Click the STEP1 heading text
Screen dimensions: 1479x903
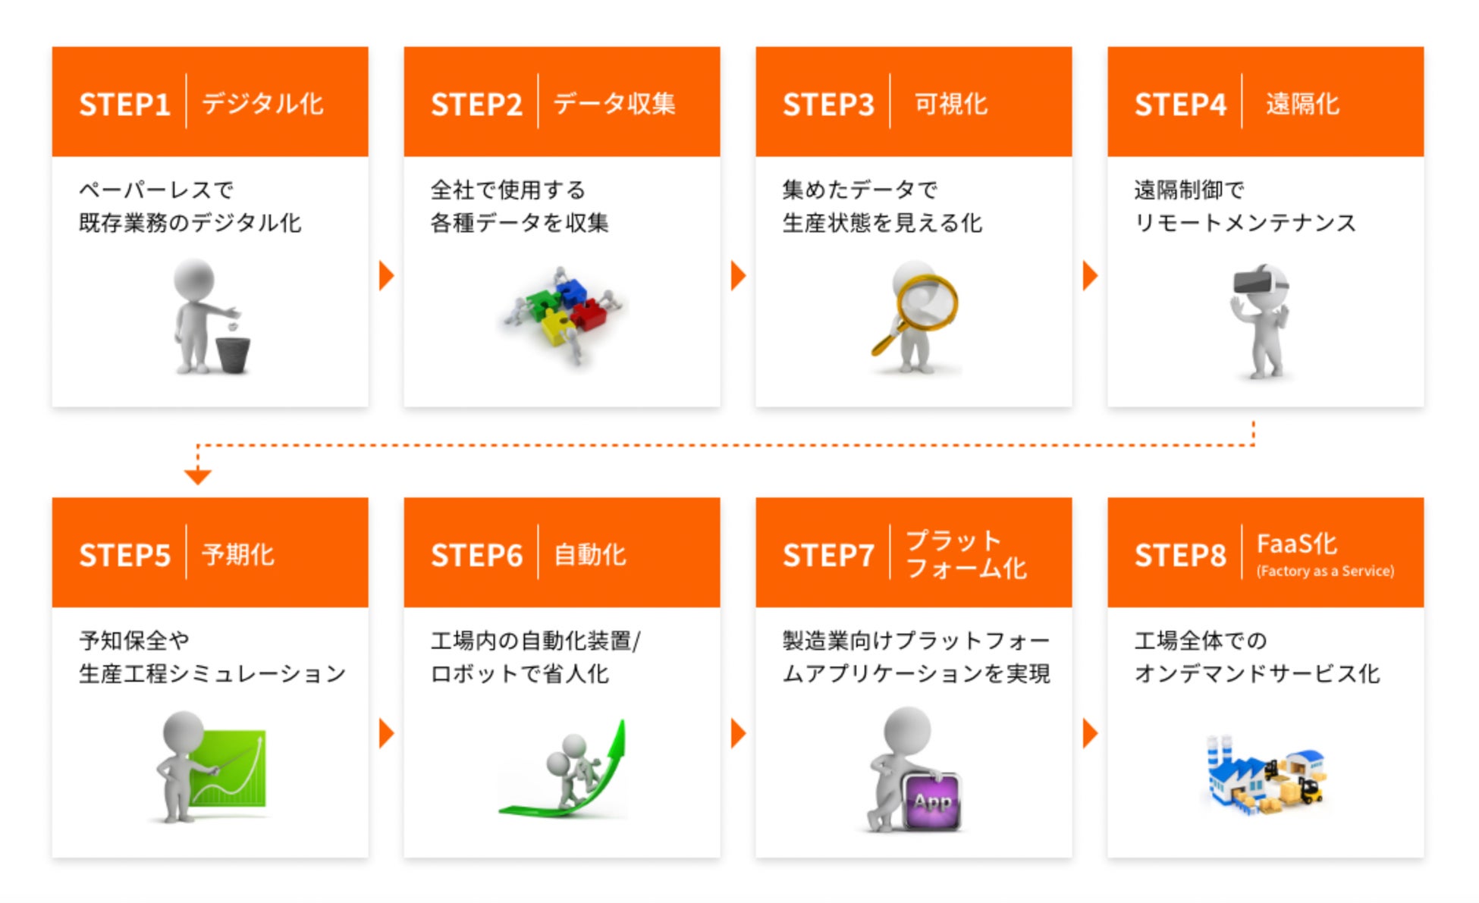tap(124, 104)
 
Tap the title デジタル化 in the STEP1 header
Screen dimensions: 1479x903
tap(262, 103)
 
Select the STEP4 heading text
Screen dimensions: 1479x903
tap(1180, 104)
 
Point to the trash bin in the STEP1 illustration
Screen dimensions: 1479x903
tap(233, 354)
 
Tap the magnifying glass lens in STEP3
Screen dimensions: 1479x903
tap(926, 303)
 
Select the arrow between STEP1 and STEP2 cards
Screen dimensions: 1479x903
tap(386, 276)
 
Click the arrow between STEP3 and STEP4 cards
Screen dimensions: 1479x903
tap(1090, 276)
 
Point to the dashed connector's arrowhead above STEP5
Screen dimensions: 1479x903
tap(197, 476)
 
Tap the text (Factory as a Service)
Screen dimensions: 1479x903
tap(1325, 571)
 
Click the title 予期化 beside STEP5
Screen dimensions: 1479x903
tap(238, 554)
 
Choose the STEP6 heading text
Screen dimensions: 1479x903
tap(476, 555)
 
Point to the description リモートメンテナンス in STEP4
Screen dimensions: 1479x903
tap(1245, 222)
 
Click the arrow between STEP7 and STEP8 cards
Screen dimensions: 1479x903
tap(1090, 733)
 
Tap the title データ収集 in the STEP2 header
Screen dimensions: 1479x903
tap(614, 103)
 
